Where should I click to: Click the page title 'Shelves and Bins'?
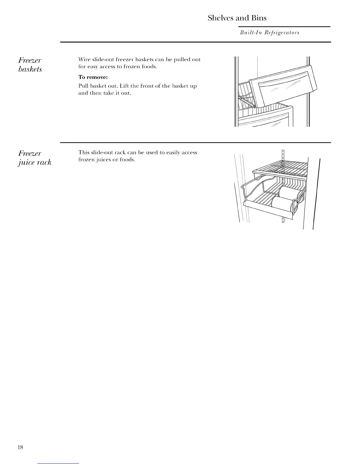click(x=237, y=18)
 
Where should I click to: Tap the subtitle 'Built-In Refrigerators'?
click(x=269, y=33)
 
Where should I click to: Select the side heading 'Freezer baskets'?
click(x=30, y=65)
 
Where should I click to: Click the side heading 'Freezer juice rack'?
click(x=34, y=158)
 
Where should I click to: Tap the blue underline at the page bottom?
click(x=59, y=463)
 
